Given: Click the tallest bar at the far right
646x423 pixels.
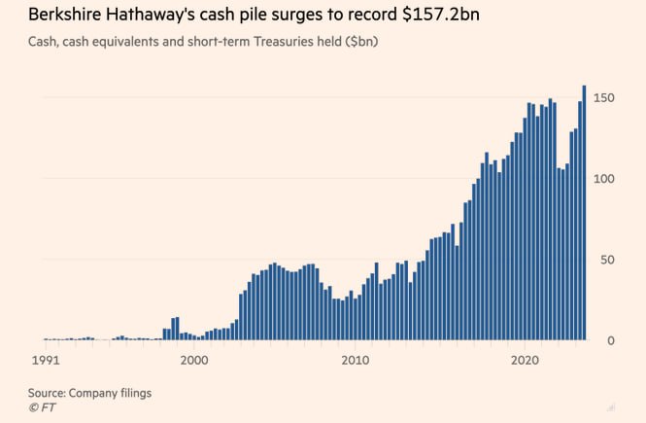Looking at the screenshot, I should [x=584, y=213].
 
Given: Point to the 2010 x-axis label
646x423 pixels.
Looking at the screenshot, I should [x=355, y=360].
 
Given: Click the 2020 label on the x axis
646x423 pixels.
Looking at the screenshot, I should [x=525, y=360].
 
